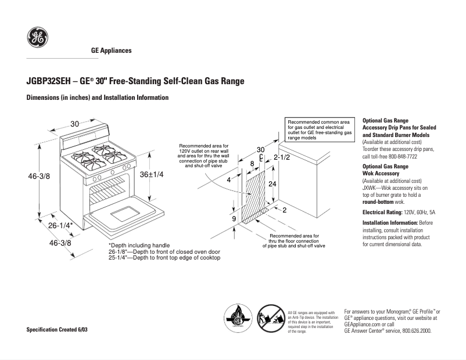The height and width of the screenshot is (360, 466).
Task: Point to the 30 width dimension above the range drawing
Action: tap(75, 124)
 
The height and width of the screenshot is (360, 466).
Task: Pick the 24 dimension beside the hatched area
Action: tap(271, 183)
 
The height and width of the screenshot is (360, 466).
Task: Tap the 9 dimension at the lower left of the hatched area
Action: tap(233, 219)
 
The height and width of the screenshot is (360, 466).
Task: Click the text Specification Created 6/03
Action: tap(60, 329)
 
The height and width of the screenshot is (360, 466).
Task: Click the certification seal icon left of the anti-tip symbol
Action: tap(238, 319)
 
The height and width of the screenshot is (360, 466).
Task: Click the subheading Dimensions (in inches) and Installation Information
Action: tap(98, 98)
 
